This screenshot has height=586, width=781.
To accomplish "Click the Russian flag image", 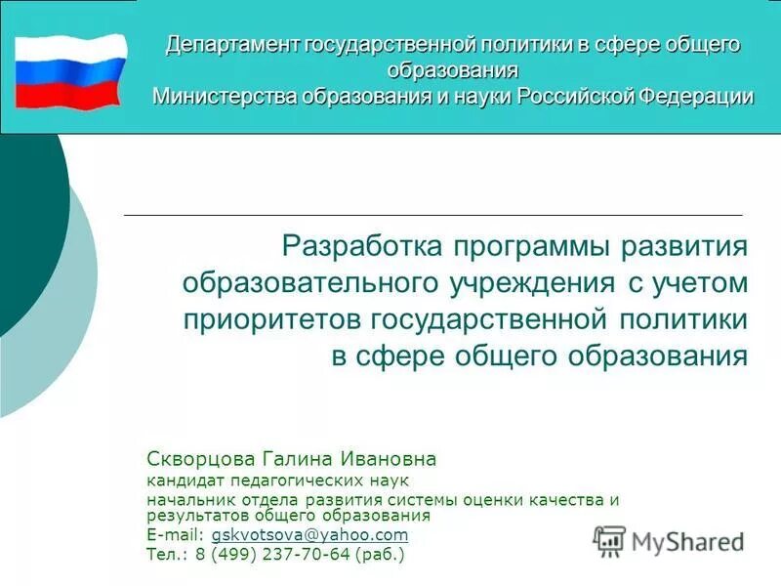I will pyautogui.click(x=70, y=70).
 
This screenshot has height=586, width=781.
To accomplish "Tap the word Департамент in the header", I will pyautogui.click(x=232, y=44).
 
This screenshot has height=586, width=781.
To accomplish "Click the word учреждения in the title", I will pyautogui.click(x=524, y=282).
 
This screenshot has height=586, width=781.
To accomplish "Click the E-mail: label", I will pyautogui.click(x=176, y=535).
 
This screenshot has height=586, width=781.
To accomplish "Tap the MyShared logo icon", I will pyautogui.click(x=609, y=540).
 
